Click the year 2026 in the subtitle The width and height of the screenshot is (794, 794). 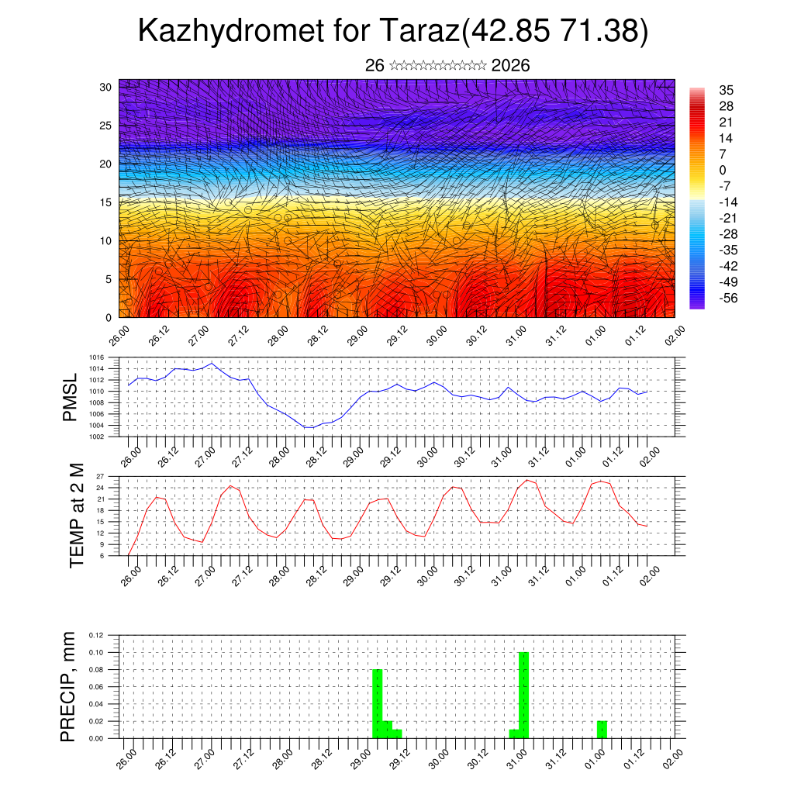(x=510, y=66)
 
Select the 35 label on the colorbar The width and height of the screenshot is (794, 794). (x=727, y=90)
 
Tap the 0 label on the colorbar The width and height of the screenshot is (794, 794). (x=723, y=170)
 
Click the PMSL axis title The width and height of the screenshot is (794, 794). (x=71, y=398)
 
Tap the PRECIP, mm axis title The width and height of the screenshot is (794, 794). (x=71, y=685)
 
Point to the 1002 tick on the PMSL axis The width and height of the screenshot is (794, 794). (x=96, y=437)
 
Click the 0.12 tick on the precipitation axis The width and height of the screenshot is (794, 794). (x=95, y=635)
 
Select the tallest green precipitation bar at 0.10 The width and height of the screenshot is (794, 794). (x=523, y=695)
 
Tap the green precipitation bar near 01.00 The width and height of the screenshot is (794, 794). (x=602, y=730)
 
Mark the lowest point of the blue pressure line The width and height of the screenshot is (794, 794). (x=308, y=427)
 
